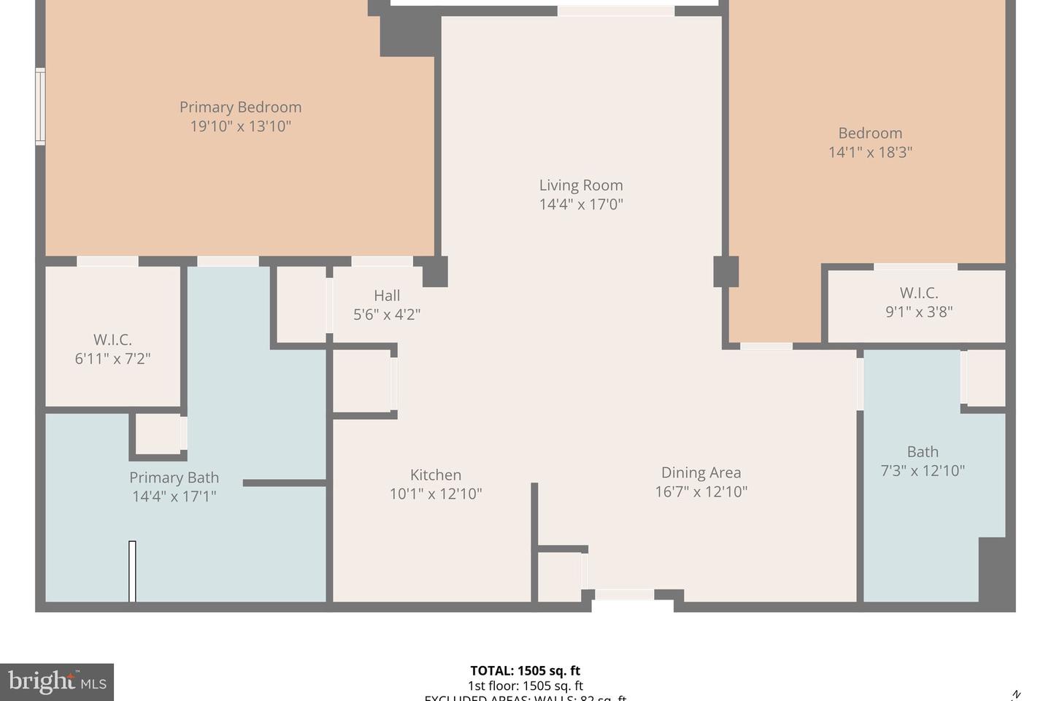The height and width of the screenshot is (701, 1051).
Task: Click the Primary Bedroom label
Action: (240, 107)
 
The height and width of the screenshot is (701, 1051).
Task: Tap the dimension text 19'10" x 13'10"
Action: (240, 126)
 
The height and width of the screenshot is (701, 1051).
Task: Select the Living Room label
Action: (581, 185)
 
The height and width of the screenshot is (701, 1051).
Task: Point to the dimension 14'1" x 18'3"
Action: (870, 153)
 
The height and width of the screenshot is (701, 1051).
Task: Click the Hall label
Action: (387, 296)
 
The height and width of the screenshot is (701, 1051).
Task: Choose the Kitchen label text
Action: (435, 475)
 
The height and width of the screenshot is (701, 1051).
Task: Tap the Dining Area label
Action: (701, 472)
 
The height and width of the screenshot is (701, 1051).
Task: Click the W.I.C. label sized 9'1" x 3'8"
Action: (918, 293)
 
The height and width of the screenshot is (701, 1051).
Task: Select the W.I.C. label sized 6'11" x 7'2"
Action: (112, 340)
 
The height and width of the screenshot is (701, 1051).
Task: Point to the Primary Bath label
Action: (174, 478)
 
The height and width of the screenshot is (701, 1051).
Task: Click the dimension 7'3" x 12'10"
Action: (923, 471)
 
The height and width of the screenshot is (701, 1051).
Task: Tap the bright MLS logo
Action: (57, 682)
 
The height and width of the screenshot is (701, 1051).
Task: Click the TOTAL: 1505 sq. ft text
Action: (525, 670)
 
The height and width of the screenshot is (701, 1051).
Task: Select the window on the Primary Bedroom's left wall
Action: (40, 106)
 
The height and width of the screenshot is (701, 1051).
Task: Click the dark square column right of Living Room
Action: (725, 272)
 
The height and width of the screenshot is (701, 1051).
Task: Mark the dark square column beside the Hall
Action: (434, 272)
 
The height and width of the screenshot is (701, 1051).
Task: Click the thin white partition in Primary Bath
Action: (132, 571)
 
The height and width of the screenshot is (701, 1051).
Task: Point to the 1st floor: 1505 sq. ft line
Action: (525, 686)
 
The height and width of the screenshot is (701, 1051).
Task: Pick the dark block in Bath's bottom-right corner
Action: (993, 570)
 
